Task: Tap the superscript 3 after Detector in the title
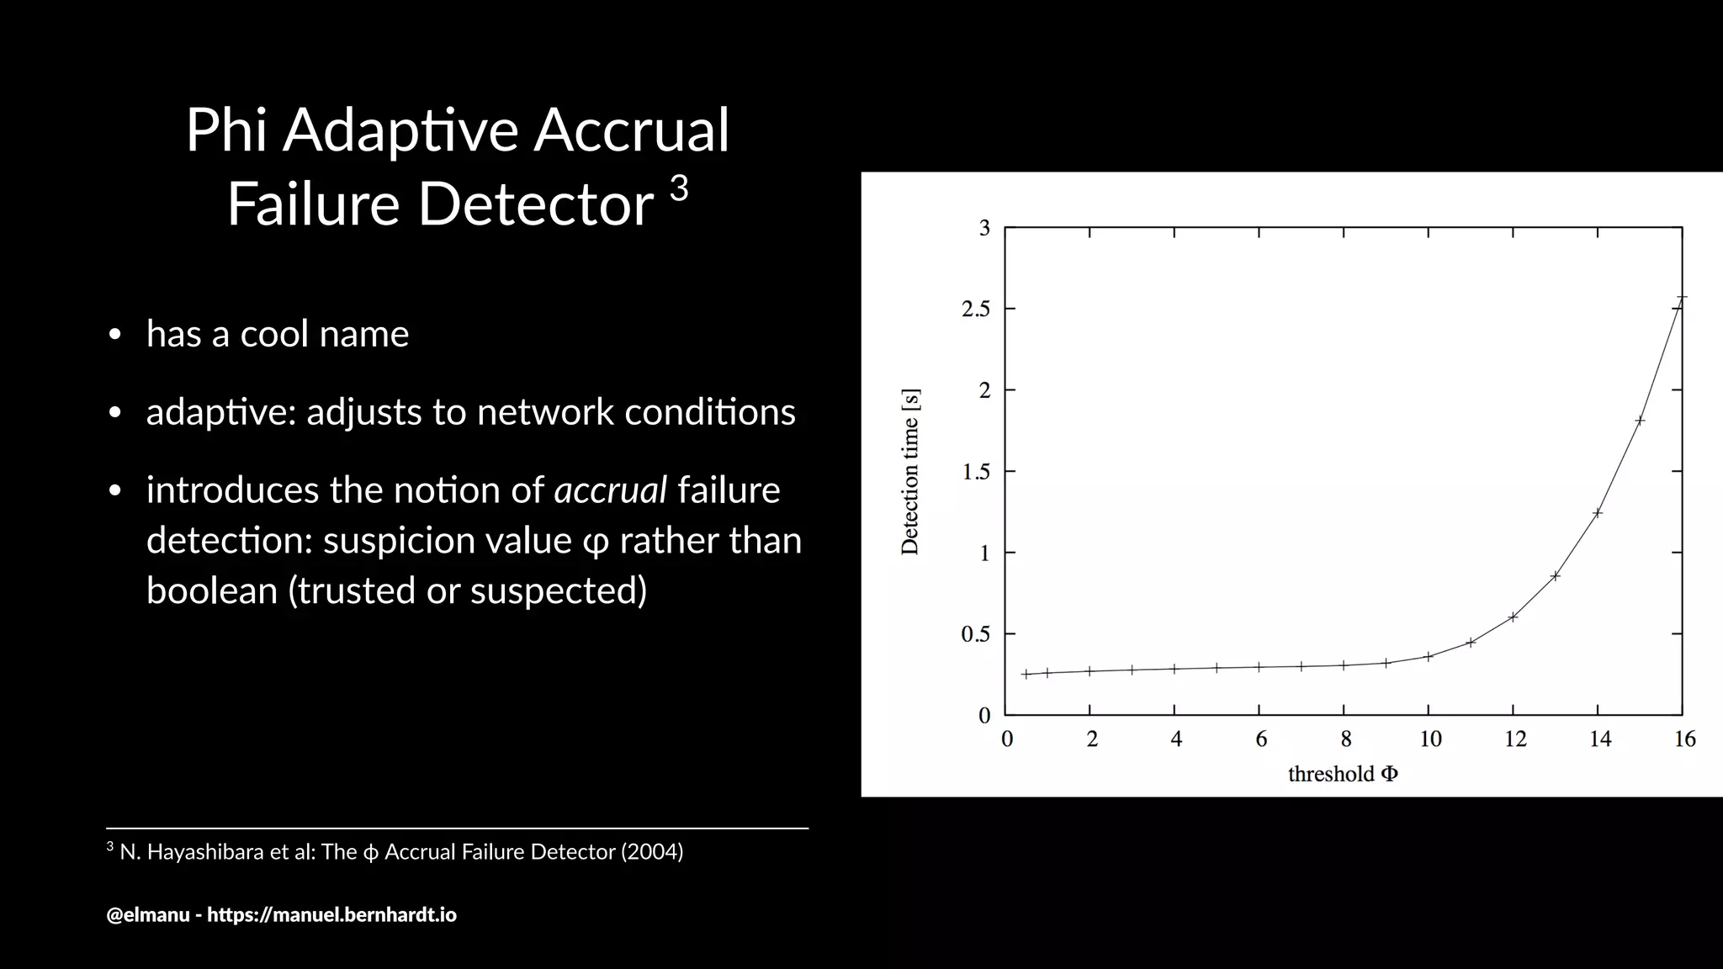679,189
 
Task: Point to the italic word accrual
611,490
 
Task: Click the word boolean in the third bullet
212,590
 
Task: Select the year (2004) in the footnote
652,852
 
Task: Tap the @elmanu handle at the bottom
148,914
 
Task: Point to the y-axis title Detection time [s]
910,471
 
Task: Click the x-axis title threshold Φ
1343,774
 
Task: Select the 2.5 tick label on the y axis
976,310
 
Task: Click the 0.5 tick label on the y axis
976,634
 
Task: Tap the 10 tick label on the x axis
1430,739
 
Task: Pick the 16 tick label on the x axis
1684,739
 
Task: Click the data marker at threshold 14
1598,512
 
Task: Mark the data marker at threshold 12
1513,617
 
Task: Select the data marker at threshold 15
1640,421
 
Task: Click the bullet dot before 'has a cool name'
115,336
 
